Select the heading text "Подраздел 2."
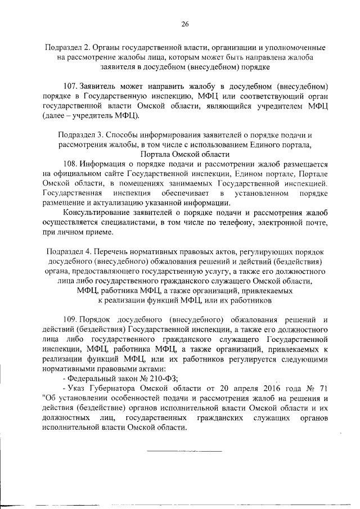pyautogui.click(x=67, y=48)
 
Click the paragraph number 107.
pyautogui.click(x=71, y=86)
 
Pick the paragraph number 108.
pyautogui.click(x=72, y=164)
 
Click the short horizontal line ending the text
pyautogui.click(x=184, y=451)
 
